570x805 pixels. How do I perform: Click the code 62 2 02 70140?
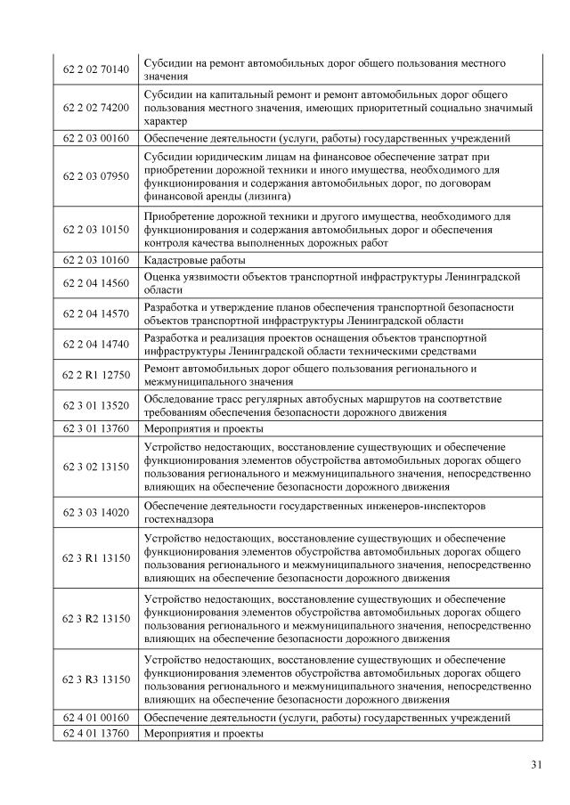96,70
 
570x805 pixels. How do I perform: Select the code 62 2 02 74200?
96,108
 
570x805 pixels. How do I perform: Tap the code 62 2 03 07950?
96,176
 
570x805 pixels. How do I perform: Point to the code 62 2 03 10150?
96,230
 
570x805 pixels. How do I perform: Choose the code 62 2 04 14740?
96,344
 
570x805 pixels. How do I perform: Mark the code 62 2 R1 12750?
96,374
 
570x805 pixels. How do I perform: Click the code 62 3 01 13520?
96,405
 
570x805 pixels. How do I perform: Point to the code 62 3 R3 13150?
96,679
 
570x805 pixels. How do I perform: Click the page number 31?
535,764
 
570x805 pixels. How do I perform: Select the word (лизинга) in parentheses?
261,195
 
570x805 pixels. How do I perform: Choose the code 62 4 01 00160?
96,717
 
